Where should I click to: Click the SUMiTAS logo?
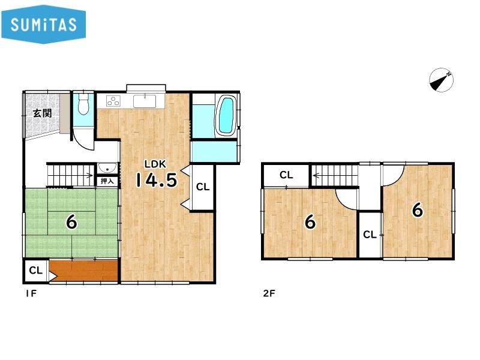coord(43,24)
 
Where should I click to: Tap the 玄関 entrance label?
coord(42,113)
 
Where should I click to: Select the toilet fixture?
coord(83,103)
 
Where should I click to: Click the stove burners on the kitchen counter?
coord(113,101)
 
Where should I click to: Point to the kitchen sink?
coord(145,101)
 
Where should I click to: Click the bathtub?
coord(226,115)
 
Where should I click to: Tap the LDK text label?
coord(155,164)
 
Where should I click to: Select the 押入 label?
coord(107,181)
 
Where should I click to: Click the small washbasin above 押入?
coord(107,168)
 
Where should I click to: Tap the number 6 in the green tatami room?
coord(71,222)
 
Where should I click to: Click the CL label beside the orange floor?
coord(36,271)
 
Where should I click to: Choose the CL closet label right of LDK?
coord(203,187)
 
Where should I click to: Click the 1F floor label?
coord(31,293)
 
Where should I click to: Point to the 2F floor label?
coord(269,293)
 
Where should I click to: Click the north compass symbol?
coord(441,80)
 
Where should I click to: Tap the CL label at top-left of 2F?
coord(286,175)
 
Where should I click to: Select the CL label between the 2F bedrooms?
coord(370,235)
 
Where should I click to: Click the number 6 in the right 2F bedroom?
coord(418,210)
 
